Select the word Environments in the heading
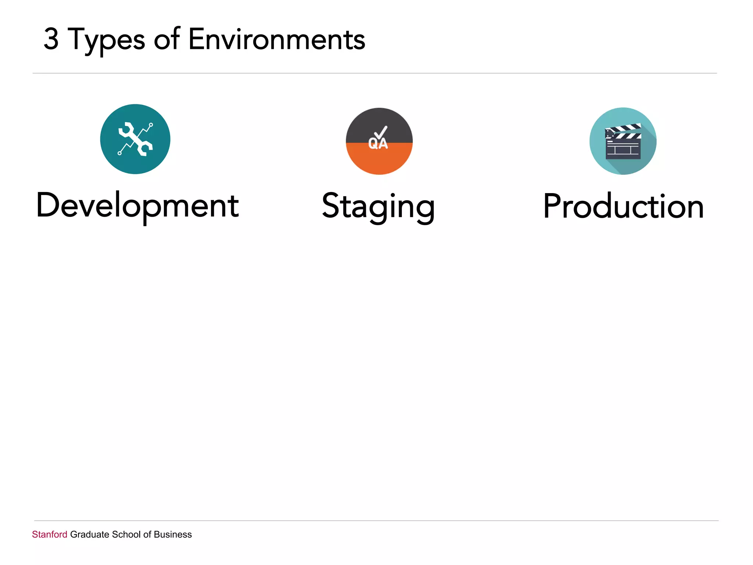click(276, 39)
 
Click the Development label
click(138, 206)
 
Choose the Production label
click(624, 206)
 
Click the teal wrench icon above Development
click(135, 139)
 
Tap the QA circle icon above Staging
click(379, 141)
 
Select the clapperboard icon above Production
click(623, 141)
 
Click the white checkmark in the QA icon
click(381, 132)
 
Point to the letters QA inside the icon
click(378, 144)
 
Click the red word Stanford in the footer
click(50, 534)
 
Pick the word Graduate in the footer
click(90, 534)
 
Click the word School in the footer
click(126, 534)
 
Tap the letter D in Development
click(48, 205)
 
